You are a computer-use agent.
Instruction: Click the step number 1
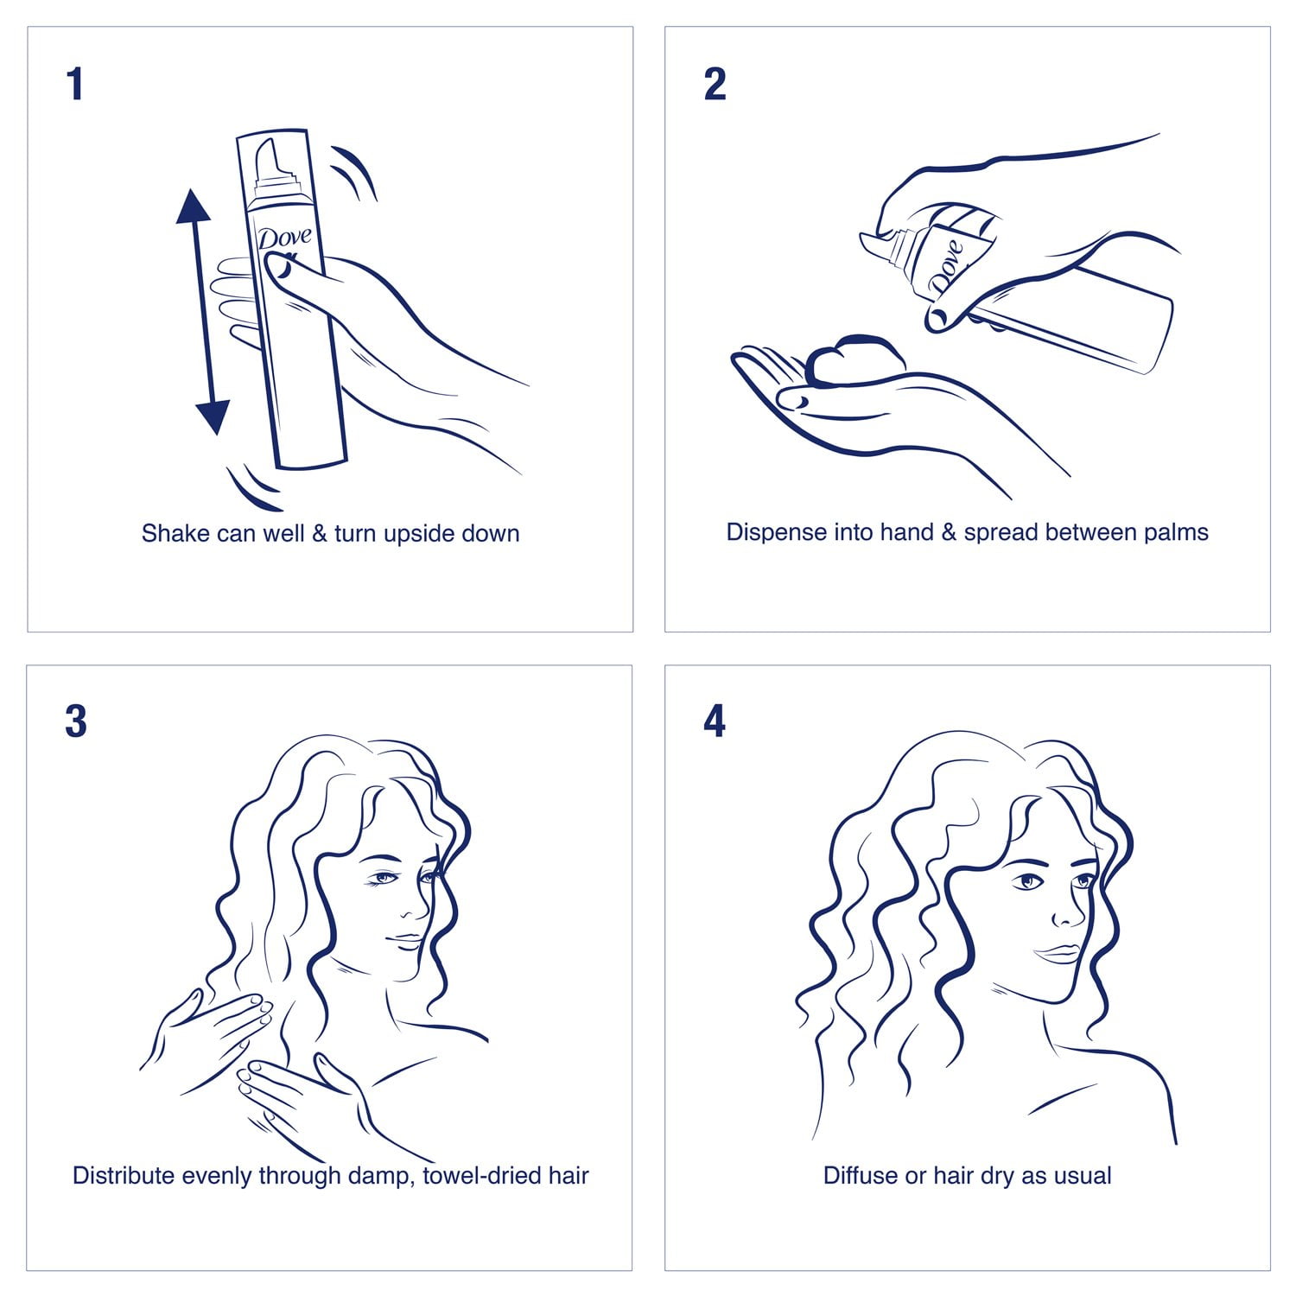(75, 85)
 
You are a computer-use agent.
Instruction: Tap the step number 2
(715, 85)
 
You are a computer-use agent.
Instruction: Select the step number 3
(76, 721)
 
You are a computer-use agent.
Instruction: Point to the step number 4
(715, 721)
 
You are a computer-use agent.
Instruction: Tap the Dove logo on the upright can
(284, 238)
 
